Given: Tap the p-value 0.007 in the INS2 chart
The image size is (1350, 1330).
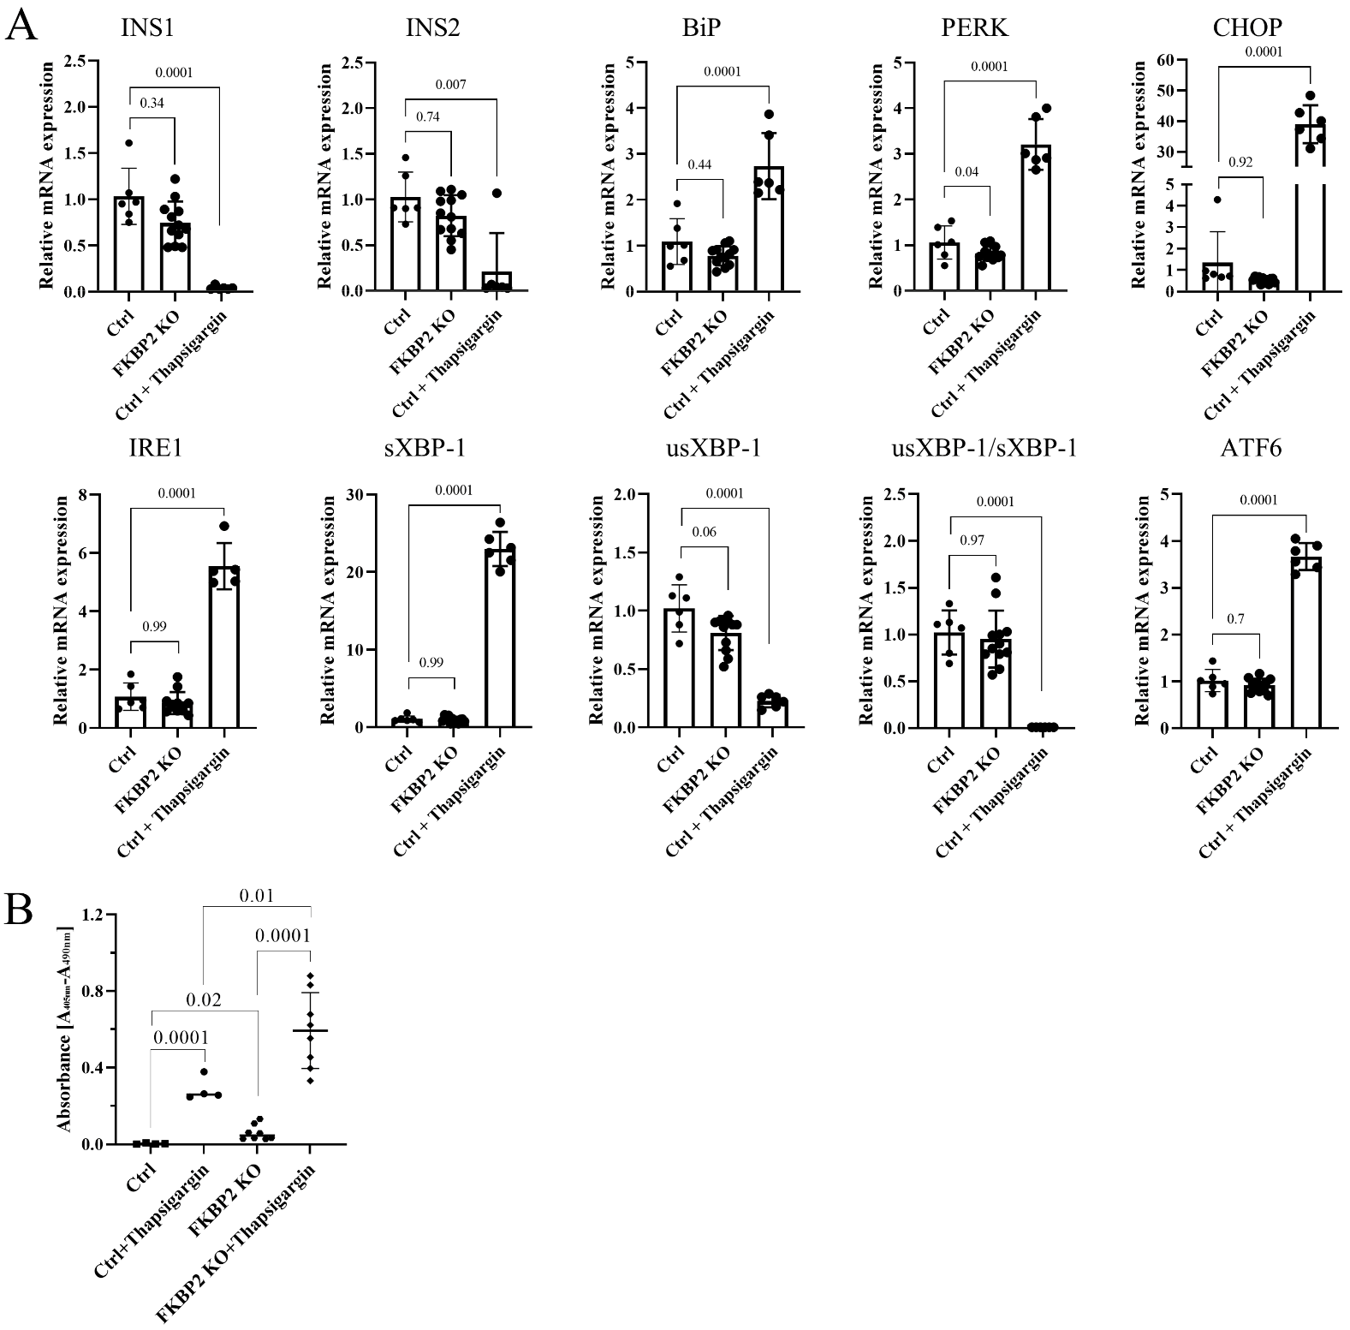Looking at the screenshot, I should coord(450,85).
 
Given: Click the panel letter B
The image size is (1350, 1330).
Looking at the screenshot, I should coord(21,910).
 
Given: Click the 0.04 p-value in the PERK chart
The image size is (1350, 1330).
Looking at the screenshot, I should coord(968,171).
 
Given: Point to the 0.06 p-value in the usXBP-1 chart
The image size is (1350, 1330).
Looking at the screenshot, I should coord(705,532).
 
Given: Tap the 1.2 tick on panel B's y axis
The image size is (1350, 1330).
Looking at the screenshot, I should coord(92,915).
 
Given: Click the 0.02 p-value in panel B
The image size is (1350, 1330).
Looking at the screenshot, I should coord(205,999).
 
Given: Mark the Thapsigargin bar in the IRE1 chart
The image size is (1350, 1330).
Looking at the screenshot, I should coord(223,647).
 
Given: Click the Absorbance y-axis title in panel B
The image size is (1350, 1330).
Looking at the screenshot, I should coord(65,1030).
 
